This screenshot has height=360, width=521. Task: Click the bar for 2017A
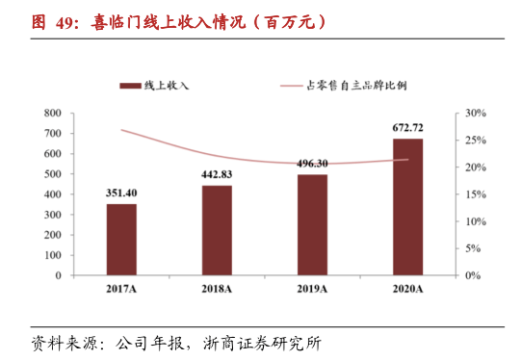tap(121, 240)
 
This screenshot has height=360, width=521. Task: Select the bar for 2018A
tap(217, 230)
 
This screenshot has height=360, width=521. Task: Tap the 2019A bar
tap(312, 225)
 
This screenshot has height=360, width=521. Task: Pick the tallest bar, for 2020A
tap(407, 207)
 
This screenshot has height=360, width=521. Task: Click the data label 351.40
tap(121, 193)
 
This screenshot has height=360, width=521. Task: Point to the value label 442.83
tap(217, 174)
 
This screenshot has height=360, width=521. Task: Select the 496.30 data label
tap(312, 164)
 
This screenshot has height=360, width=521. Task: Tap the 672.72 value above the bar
tap(407, 128)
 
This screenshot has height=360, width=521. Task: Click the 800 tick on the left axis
tap(53, 114)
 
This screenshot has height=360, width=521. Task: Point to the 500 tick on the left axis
tap(53, 174)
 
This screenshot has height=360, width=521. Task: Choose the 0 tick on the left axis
tap(59, 275)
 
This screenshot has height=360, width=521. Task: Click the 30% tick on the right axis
tap(476, 114)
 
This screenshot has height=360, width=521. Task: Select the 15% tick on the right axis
tap(476, 194)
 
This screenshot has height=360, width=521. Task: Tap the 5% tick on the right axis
tap(473, 248)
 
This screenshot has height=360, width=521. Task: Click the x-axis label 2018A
tap(217, 289)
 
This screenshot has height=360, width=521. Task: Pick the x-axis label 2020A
tap(407, 289)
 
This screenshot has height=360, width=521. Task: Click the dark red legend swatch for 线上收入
tap(130, 86)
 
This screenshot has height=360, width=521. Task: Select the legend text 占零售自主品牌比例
tap(356, 86)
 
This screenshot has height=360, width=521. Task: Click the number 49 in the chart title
tap(65, 23)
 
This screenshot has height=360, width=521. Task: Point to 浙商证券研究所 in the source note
tap(263, 344)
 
